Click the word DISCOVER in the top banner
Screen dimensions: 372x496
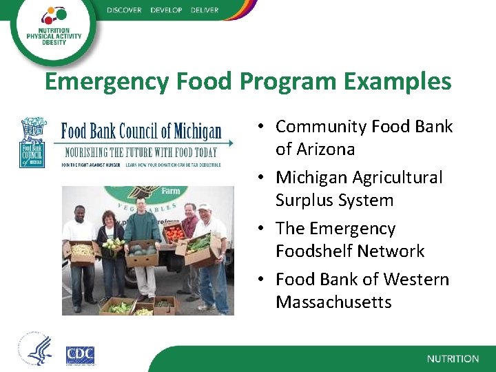tap(125, 10)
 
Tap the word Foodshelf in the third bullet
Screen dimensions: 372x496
tap(315, 251)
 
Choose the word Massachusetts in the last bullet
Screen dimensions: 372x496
tap(333, 302)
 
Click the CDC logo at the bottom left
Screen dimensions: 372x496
tap(80, 355)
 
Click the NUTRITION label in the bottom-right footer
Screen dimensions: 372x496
tap(453, 359)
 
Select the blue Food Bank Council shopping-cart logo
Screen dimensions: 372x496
tap(32, 142)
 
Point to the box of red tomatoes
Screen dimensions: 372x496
tap(175, 234)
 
